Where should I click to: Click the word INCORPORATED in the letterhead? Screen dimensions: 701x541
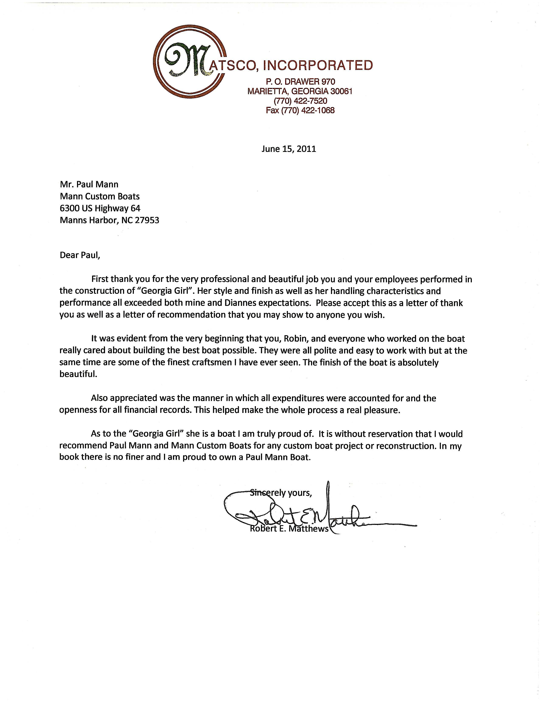click(318, 65)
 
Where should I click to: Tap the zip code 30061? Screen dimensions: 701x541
click(342, 92)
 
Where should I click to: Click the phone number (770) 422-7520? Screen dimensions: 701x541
click(300, 101)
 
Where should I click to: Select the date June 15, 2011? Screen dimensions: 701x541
click(289, 149)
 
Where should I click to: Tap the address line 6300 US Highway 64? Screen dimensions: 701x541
click(100, 208)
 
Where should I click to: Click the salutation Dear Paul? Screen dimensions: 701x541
click(80, 256)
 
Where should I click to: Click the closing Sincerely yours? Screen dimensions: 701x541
click(281, 492)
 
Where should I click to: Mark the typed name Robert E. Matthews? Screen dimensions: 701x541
click(289, 528)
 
